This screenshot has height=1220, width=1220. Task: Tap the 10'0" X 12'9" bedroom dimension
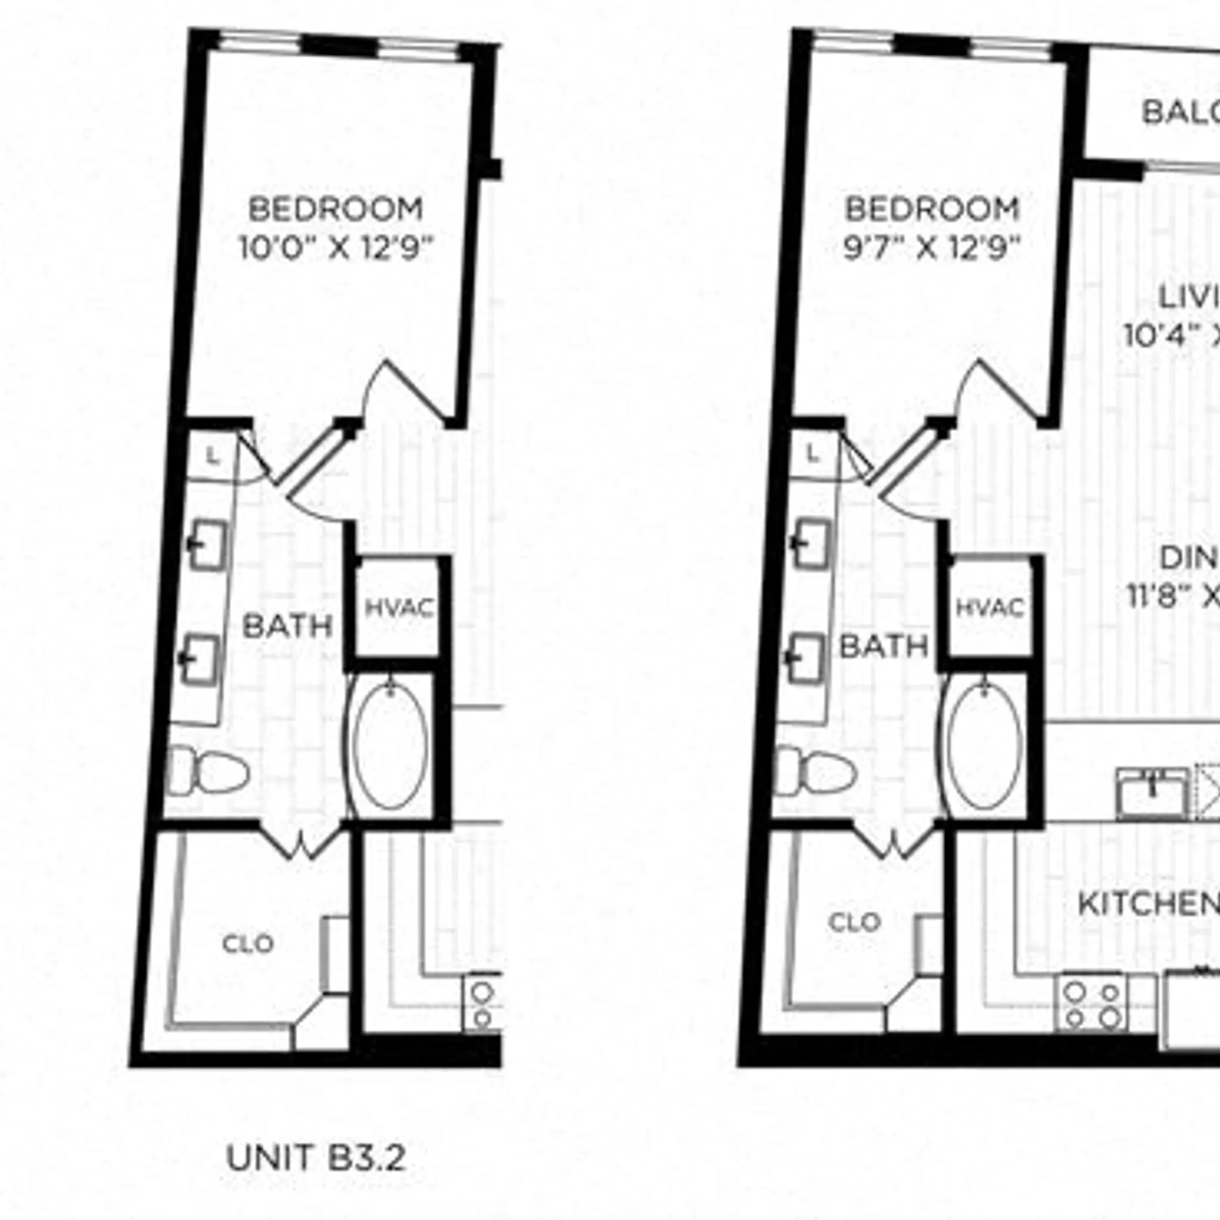point(337,248)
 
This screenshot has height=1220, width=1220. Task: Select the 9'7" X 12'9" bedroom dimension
point(932,248)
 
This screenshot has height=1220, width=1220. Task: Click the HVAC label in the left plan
point(400,609)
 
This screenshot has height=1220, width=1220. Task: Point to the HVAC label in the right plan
point(989,608)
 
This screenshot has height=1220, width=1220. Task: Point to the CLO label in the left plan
point(248,944)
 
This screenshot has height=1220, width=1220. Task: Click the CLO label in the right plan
point(854,923)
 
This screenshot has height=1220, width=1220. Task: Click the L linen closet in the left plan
point(213,456)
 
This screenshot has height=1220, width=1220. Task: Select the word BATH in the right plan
point(883,646)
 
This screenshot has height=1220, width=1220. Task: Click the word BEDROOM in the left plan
point(335,210)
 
